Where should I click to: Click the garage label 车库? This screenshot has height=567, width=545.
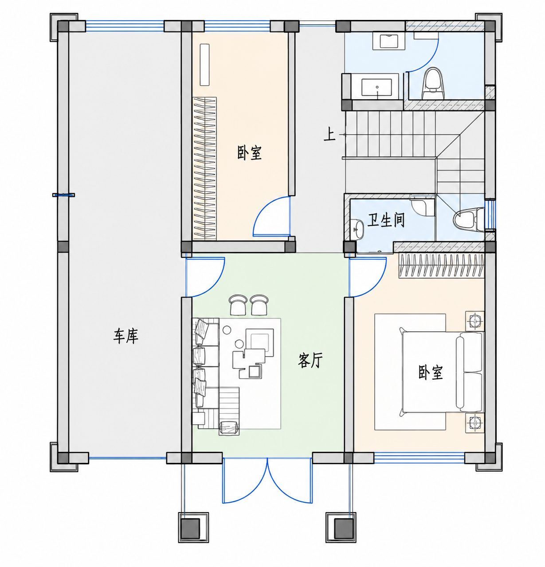125,336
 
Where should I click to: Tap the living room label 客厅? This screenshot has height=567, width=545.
310,360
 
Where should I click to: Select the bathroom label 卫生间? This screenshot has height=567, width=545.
386,220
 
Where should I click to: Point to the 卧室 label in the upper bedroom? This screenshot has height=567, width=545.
249,152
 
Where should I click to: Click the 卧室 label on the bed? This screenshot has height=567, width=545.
431,372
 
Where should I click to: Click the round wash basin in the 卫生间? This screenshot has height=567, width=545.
358,229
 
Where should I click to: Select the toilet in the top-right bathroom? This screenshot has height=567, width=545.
432,83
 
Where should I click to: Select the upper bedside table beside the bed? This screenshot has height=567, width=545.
474,321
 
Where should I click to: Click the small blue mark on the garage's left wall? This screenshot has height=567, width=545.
63,195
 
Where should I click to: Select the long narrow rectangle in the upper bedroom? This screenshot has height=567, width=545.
204,65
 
